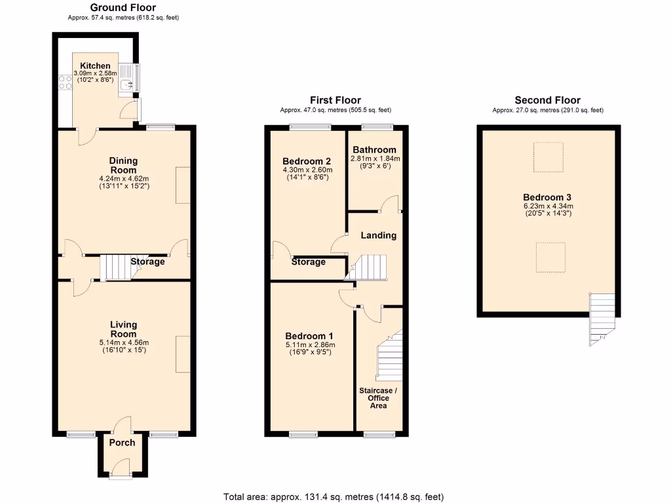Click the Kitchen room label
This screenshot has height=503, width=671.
95,65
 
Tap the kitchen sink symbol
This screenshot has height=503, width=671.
127,84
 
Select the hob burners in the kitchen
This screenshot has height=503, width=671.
66,82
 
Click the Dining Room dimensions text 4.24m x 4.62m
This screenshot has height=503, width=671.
123,178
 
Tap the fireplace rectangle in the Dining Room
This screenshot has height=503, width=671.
183,185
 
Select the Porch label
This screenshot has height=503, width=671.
122,443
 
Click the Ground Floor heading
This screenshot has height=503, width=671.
123,8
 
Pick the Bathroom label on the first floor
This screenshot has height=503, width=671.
374,149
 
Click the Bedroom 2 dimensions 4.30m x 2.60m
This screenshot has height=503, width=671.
307,170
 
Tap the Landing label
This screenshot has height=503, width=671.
379,235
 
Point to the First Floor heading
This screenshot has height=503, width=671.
335,100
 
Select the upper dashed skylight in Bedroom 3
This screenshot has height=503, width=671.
548,157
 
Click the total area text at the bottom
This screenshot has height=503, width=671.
337,496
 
